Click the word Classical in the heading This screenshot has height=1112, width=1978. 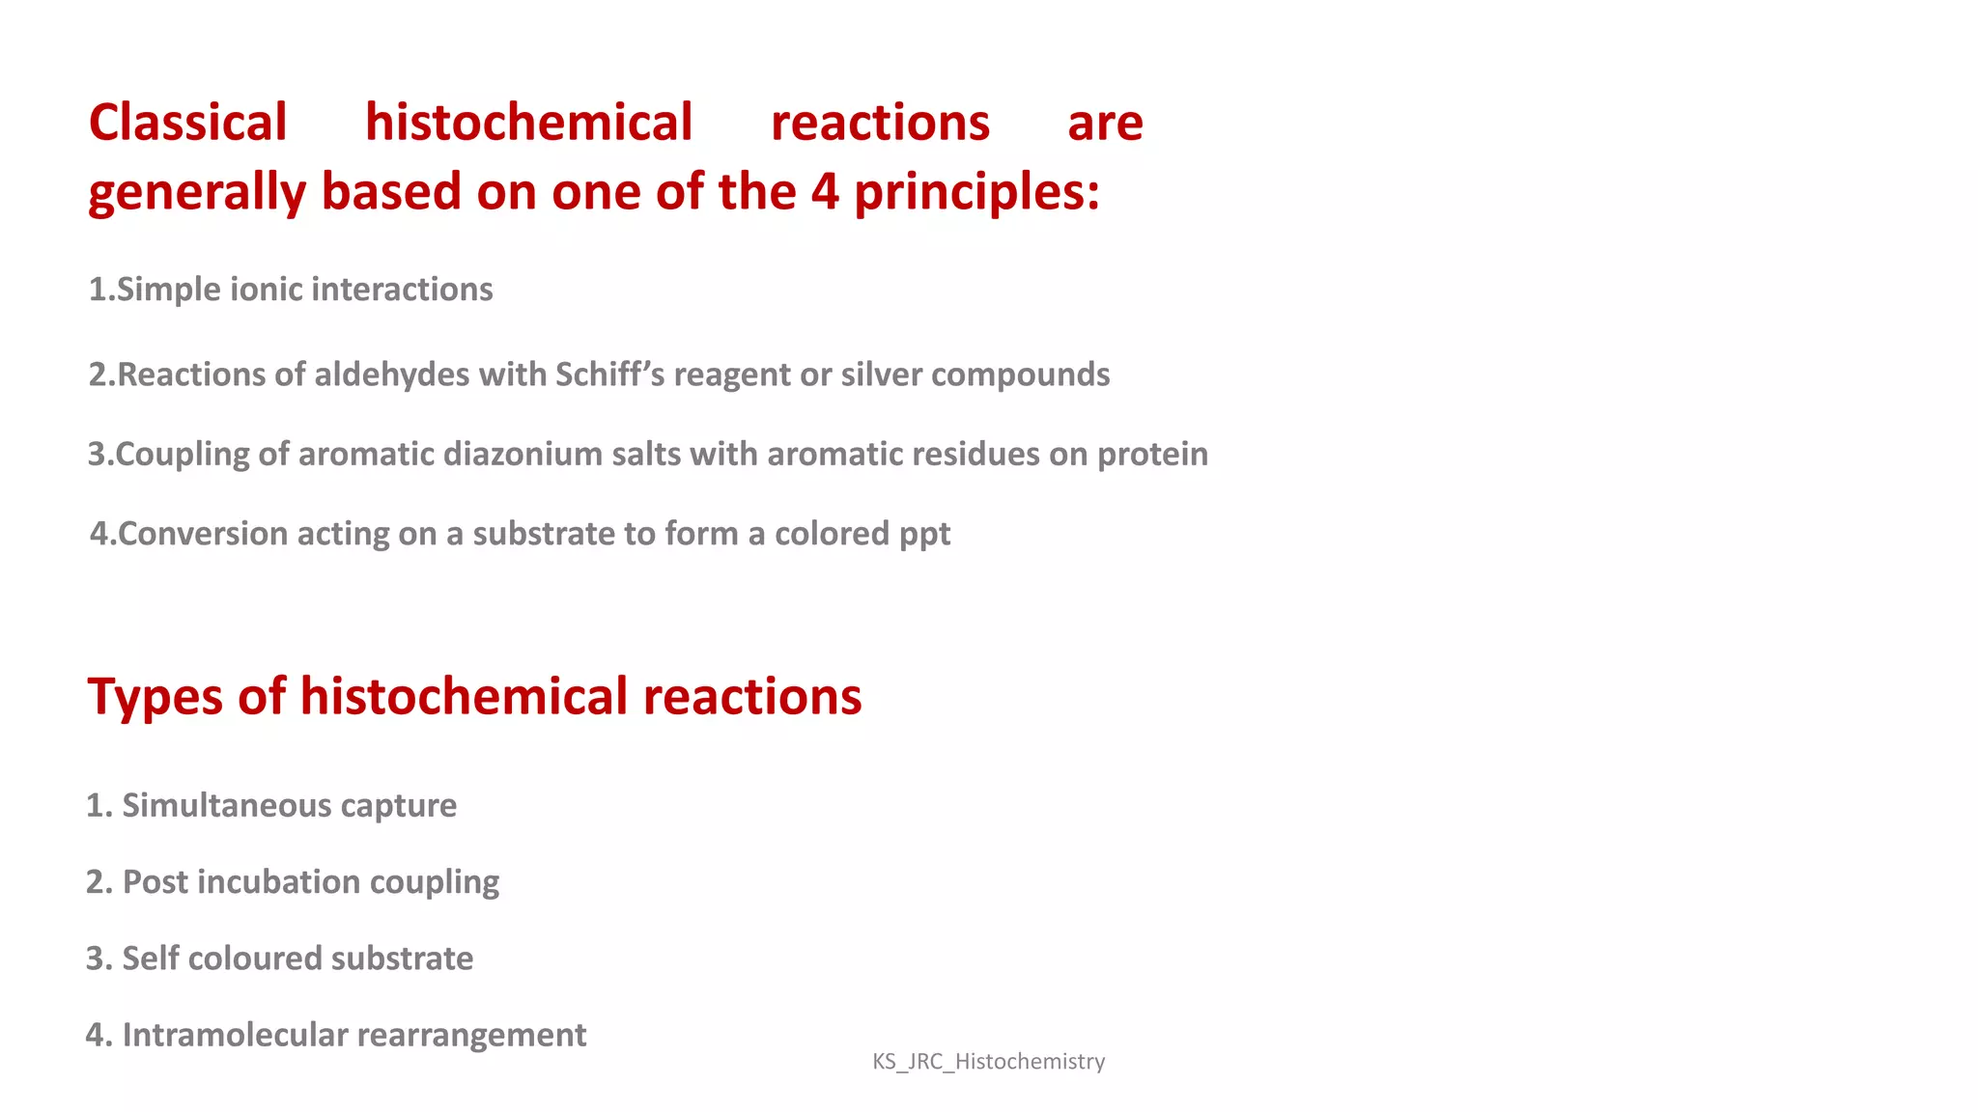(x=187, y=123)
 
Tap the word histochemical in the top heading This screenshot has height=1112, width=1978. (x=528, y=123)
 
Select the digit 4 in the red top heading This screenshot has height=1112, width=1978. (x=824, y=191)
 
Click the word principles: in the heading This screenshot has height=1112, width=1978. (x=976, y=192)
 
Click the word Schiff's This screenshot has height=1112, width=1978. (x=609, y=375)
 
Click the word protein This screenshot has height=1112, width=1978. (x=1152, y=455)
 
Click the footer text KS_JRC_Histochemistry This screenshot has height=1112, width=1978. (x=988, y=1062)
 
